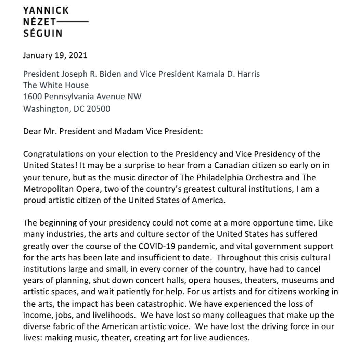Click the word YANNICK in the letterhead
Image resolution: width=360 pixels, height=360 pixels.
(46, 11)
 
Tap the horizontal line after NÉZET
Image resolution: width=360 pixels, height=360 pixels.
(73, 22)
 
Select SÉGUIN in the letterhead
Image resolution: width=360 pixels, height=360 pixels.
(43, 34)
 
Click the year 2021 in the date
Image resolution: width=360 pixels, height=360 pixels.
(78, 55)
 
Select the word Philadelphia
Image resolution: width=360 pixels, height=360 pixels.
(235, 178)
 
